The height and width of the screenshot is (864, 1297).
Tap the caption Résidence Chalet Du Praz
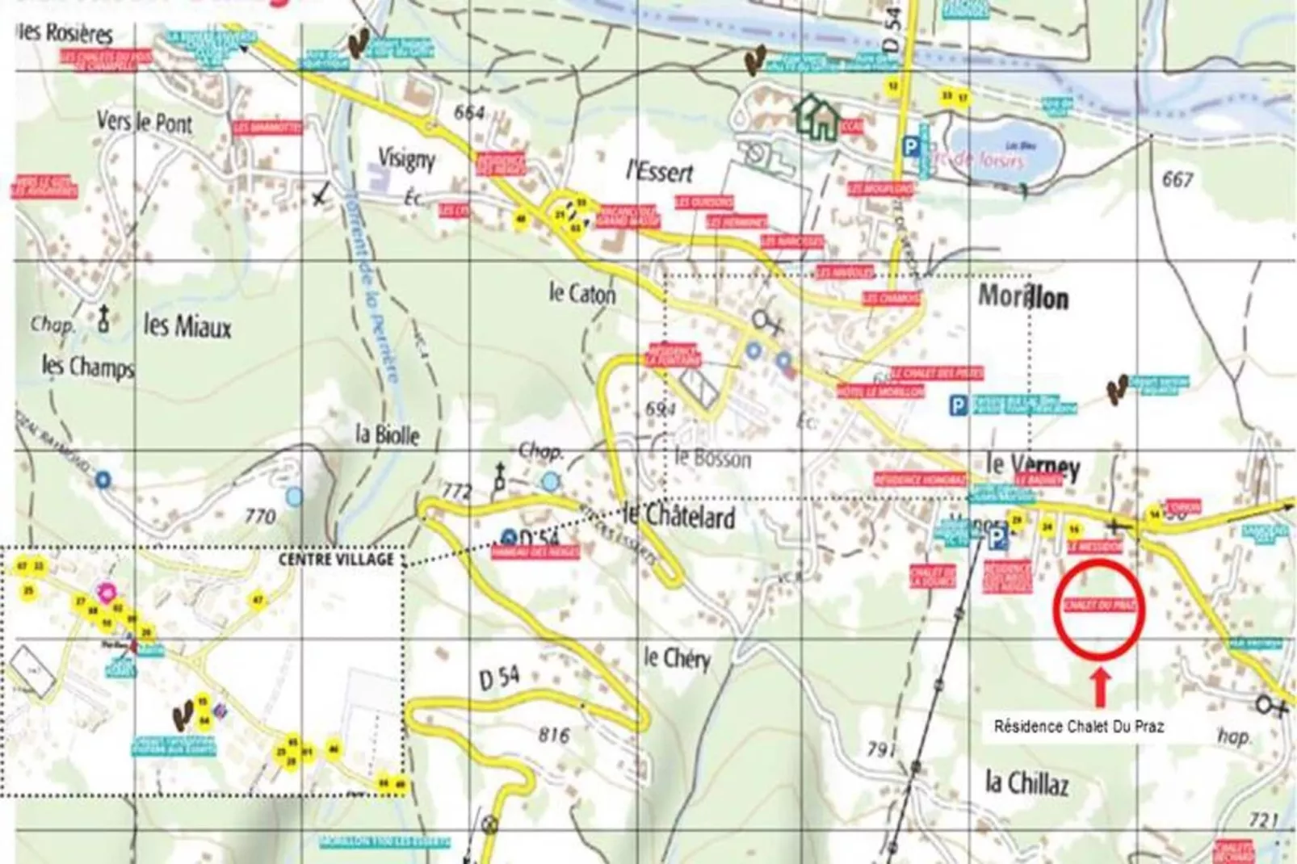[1079, 727]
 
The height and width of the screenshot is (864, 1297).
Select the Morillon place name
[1023, 298]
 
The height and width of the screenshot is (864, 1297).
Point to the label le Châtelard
[678, 517]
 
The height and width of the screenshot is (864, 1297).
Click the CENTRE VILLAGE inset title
[336, 559]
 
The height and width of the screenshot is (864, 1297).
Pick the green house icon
[817, 117]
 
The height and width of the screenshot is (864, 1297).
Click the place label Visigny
[406, 158]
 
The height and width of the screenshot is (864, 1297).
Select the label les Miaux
[187, 326]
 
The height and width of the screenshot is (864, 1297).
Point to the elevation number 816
[553, 735]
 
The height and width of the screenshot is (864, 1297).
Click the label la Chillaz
[1027, 782]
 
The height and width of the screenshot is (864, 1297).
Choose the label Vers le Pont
[145, 124]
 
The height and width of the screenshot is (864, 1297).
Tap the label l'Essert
[660, 171]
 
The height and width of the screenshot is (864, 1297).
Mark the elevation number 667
[1177, 178]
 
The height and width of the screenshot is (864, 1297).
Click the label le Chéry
[677, 659]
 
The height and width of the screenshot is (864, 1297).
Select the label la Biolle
[388, 435]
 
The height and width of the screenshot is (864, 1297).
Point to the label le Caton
[581, 294]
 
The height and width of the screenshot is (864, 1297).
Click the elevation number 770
[259, 515]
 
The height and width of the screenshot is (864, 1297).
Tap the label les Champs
[87, 367]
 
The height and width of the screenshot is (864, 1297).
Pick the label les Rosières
[65, 34]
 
